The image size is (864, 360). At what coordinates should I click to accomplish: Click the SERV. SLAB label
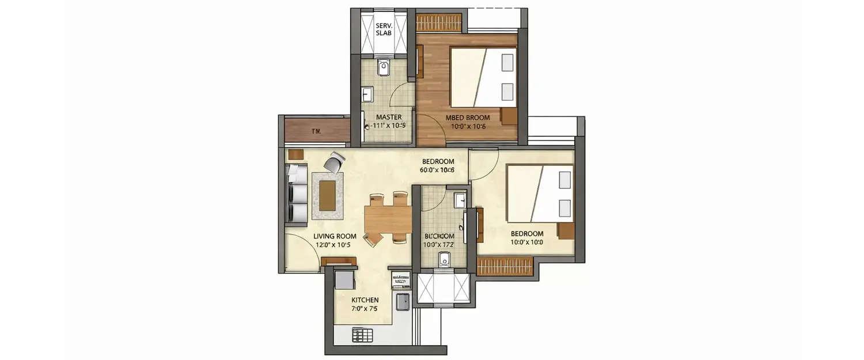click(383, 29)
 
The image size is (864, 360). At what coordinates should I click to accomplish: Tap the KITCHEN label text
click(365, 300)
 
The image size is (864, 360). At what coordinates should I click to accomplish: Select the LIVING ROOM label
click(335, 236)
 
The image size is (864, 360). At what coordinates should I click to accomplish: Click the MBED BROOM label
click(468, 118)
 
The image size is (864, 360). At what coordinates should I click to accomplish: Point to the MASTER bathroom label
click(389, 117)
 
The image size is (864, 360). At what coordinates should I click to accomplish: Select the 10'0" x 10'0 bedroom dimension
click(526, 242)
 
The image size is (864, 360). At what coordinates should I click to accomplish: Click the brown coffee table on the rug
click(327, 195)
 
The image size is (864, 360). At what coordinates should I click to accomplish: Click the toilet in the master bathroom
click(384, 69)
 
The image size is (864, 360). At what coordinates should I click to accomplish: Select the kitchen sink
click(402, 301)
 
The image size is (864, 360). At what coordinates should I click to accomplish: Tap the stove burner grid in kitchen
click(362, 335)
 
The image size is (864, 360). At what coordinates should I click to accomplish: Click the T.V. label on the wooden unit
click(316, 131)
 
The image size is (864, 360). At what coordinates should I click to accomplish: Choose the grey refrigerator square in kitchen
click(344, 280)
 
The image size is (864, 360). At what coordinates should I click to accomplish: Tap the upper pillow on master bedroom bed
click(507, 62)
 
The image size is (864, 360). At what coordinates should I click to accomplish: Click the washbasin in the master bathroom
click(367, 94)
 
